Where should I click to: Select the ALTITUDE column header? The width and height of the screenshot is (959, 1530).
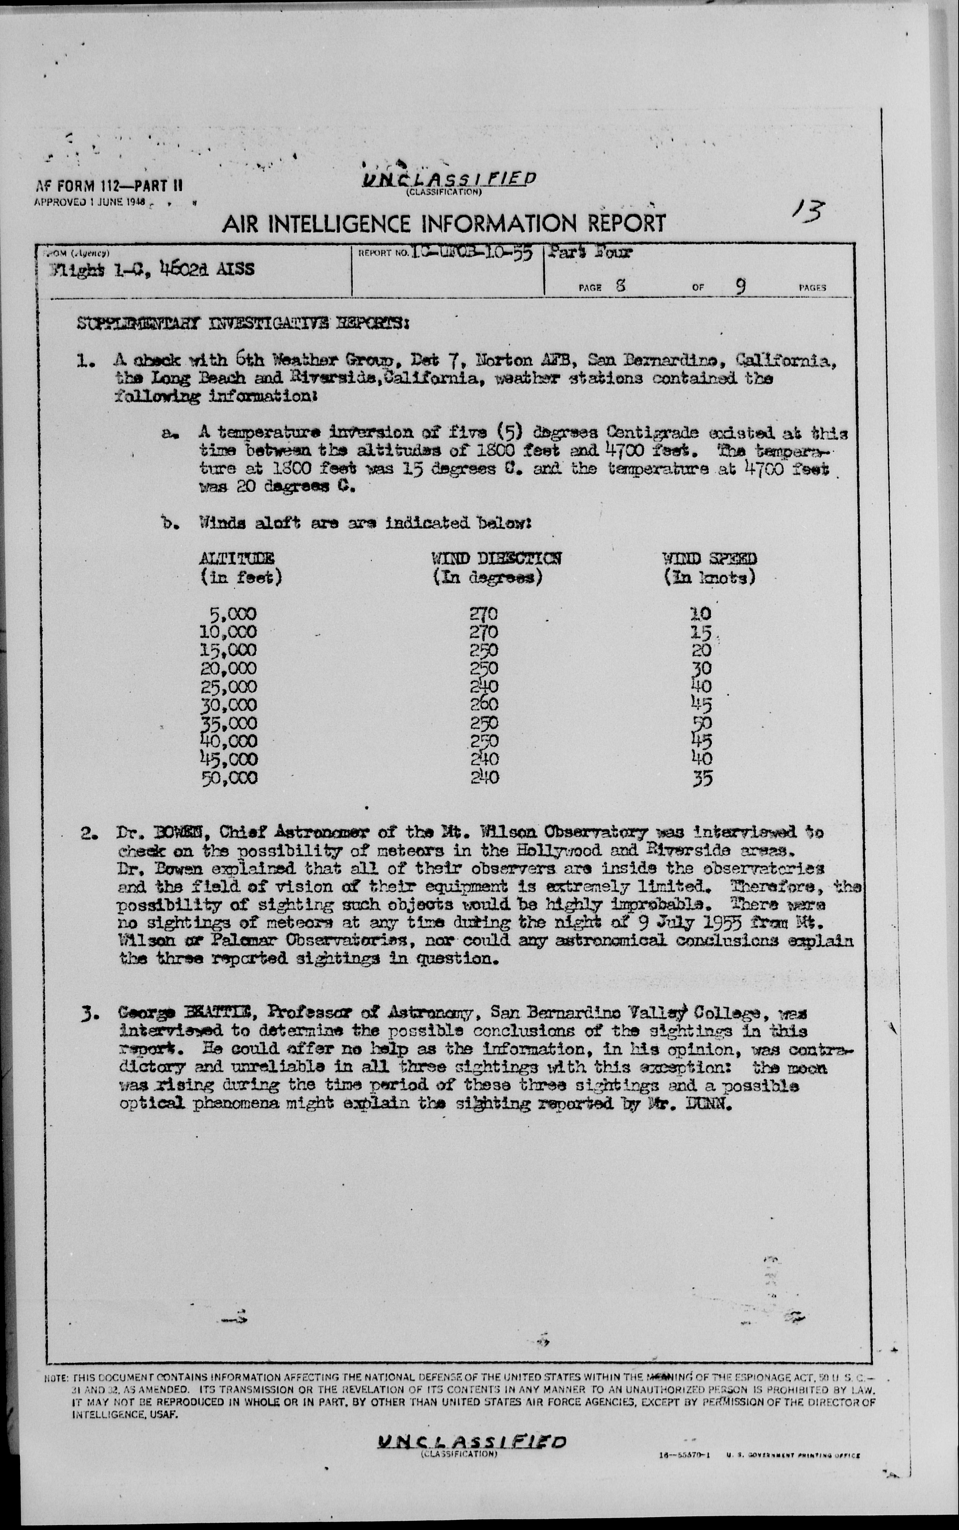pyautogui.click(x=237, y=559)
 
